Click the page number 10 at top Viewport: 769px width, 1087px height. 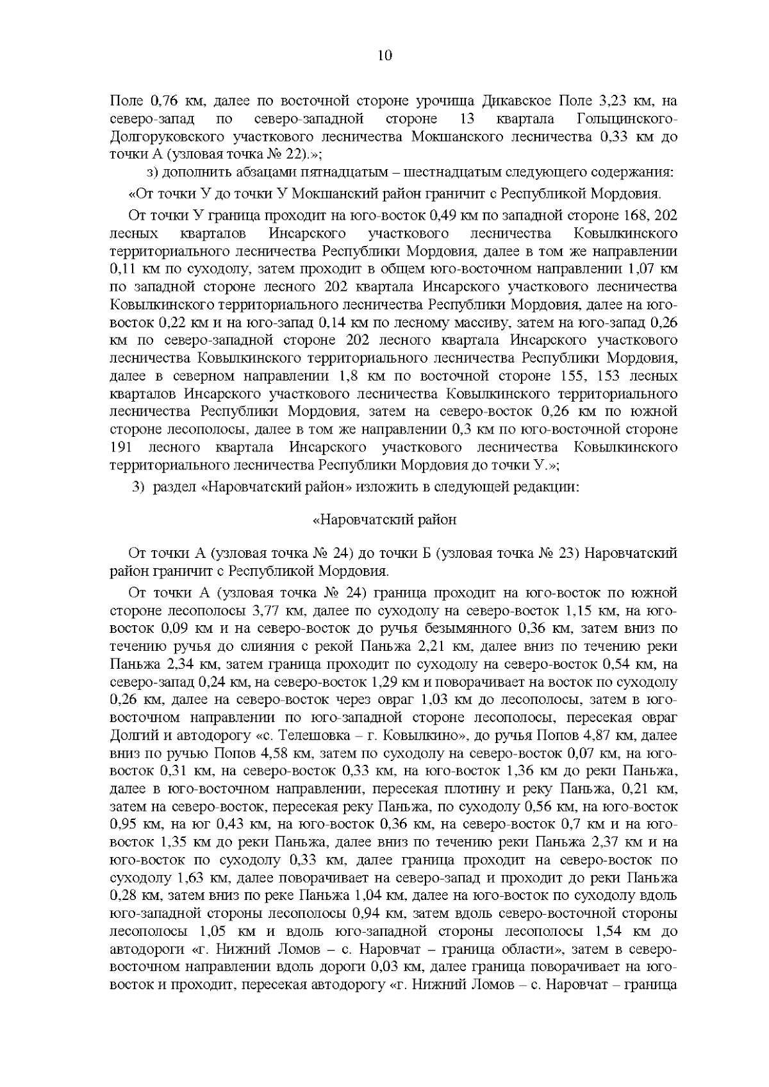[x=384, y=56]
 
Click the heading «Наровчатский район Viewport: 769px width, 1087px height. [x=384, y=519]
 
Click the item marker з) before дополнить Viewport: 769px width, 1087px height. [x=153, y=173]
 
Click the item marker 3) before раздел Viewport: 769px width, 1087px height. [x=139, y=487]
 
